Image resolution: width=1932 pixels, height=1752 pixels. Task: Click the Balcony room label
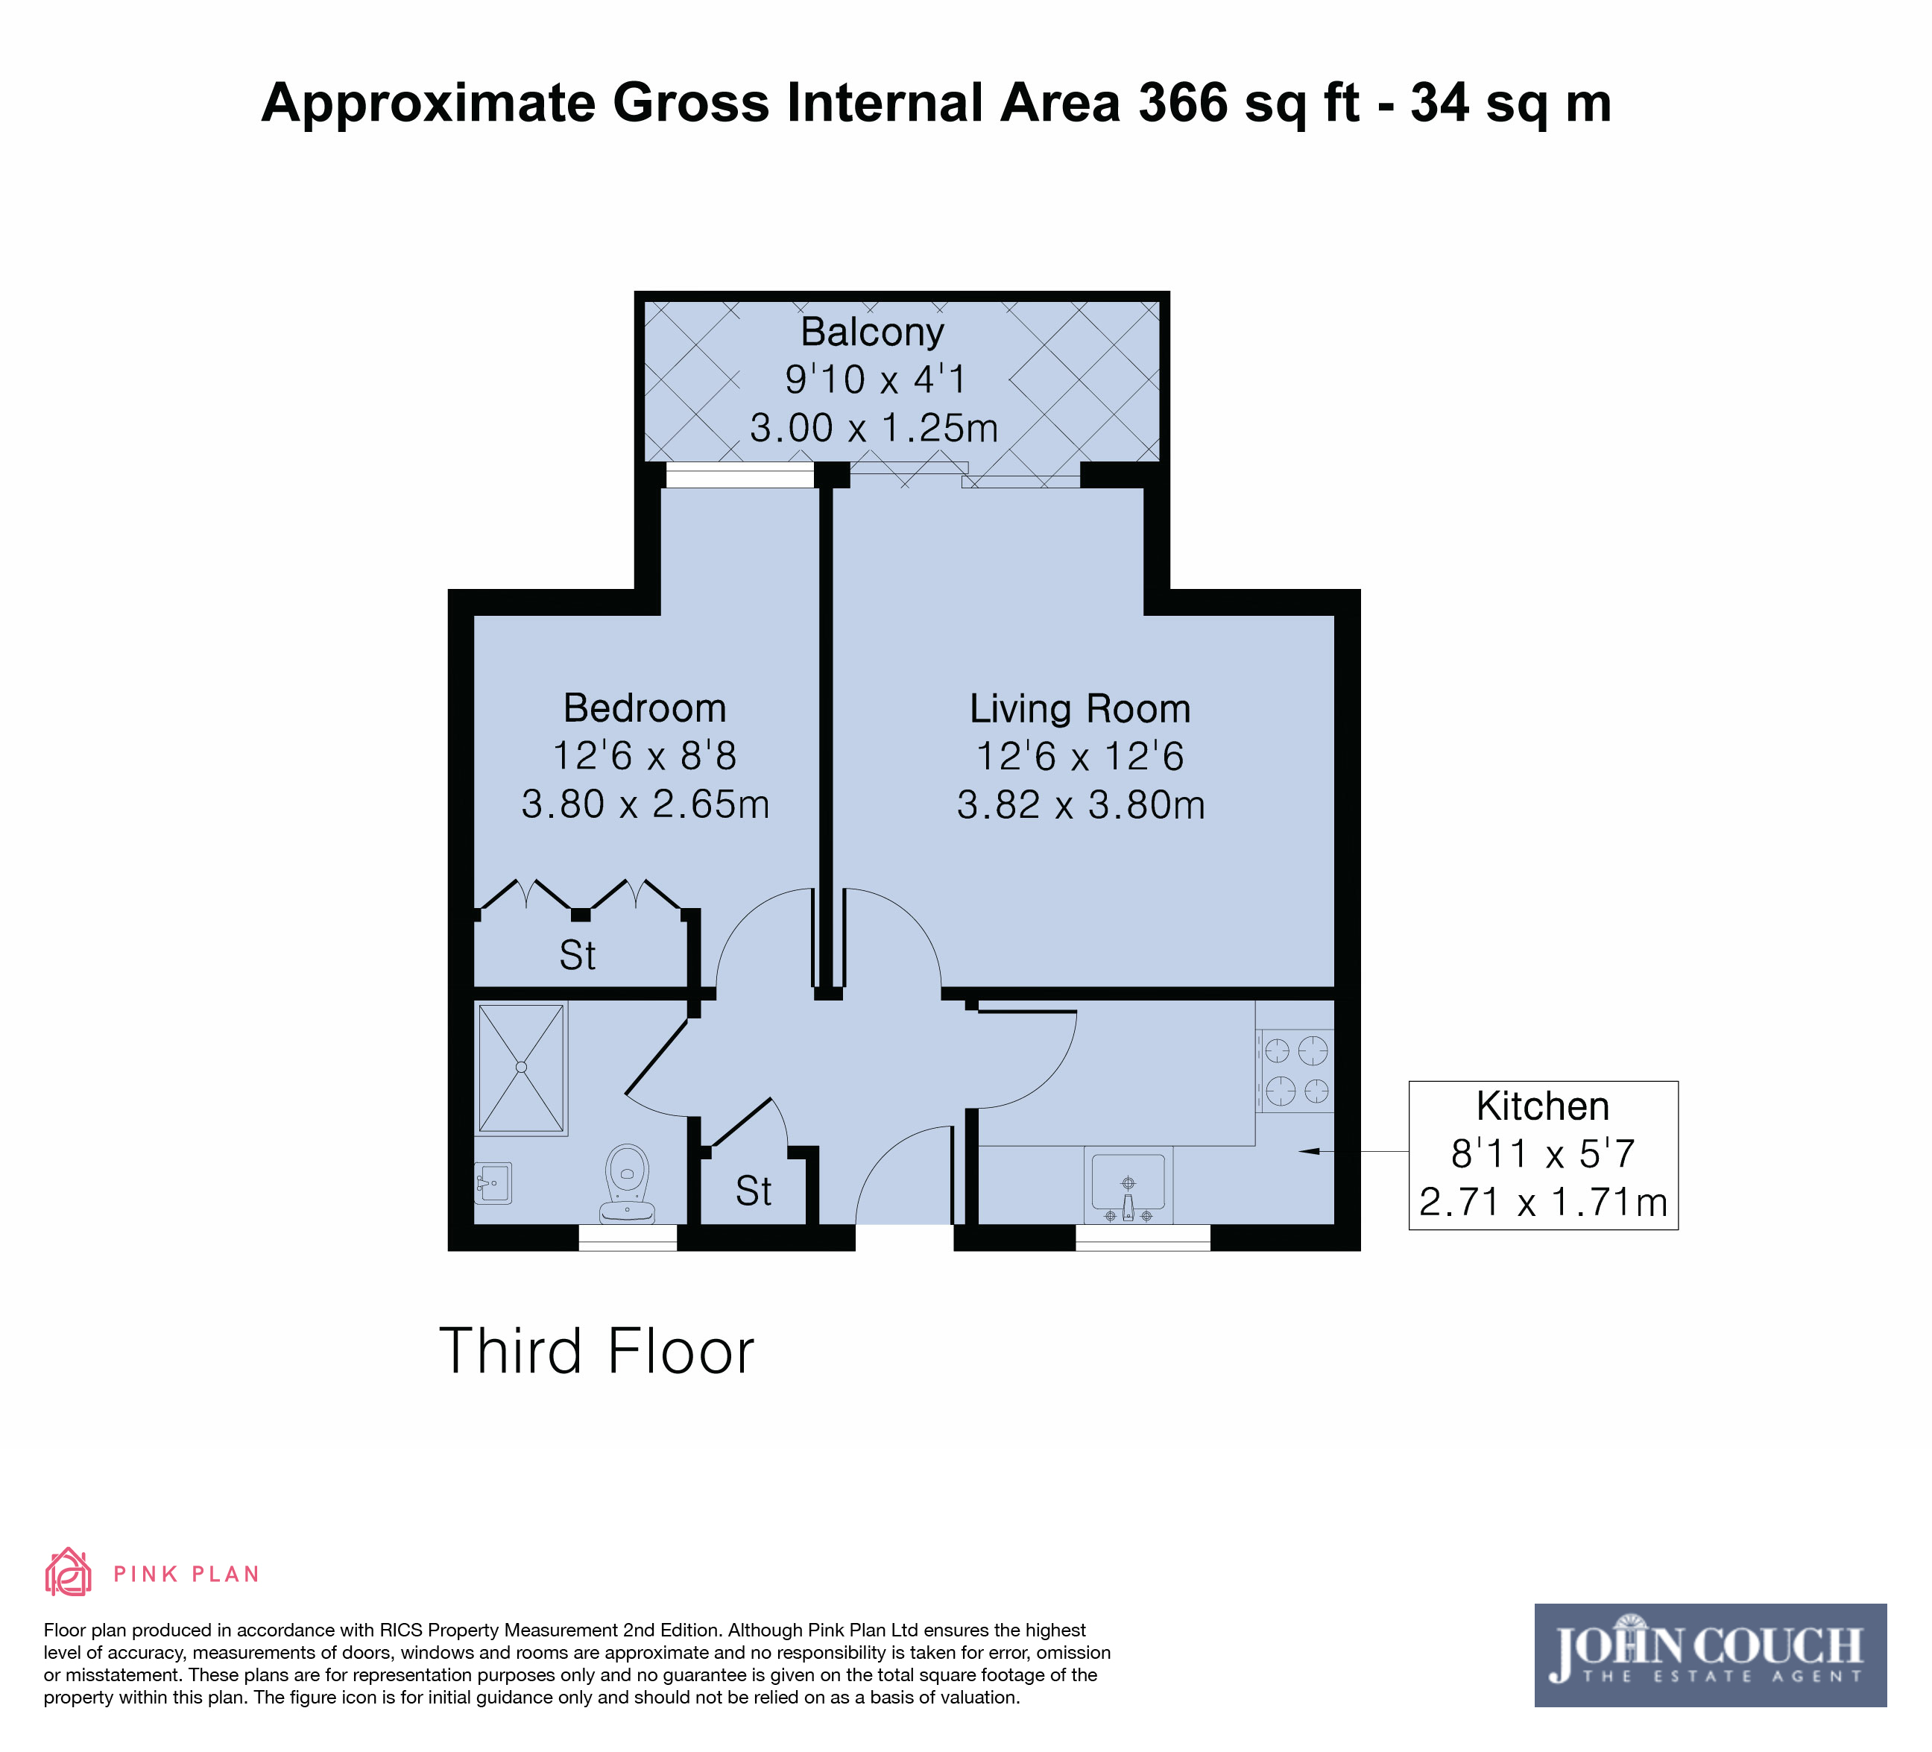(x=872, y=333)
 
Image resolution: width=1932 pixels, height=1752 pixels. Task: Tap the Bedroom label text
(x=645, y=708)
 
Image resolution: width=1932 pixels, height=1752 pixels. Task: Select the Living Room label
(x=1080, y=709)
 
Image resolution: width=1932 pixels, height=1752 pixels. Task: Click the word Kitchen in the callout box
(x=1543, y=1106)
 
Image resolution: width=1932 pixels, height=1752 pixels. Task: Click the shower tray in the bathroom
(x=521, y=1068)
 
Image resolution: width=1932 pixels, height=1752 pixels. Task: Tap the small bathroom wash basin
(x=493, y=1182)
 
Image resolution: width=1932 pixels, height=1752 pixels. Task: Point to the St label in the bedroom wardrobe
(x=578, y=956)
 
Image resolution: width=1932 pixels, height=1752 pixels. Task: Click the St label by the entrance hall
(x=754, y=1191)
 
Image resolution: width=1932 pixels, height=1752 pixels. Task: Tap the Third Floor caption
(x=597, y=1352)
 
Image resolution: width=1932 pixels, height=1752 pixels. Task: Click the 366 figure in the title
(x=1183, y=103)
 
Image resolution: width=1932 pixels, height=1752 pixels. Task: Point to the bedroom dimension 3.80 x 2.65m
(x=645, y=804)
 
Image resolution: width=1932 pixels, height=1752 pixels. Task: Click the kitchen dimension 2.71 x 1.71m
(x=1543, y=1202)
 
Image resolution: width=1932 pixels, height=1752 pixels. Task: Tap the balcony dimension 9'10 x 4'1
(x=875, y=379)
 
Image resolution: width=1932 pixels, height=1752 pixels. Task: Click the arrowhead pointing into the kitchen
(x=1308, y=1151)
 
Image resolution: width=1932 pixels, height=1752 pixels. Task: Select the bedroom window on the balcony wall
(x=740, y=476)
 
